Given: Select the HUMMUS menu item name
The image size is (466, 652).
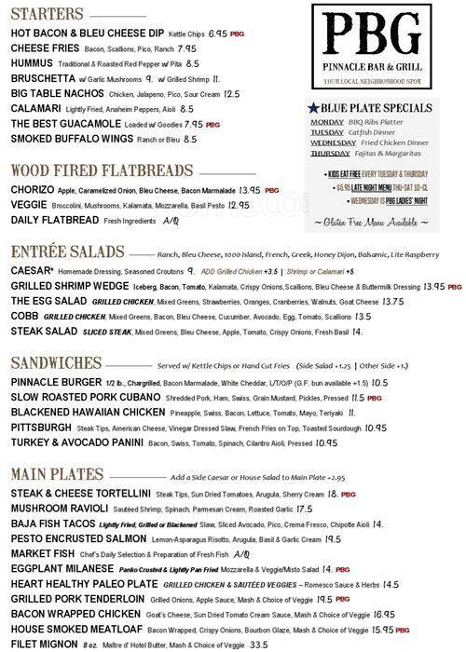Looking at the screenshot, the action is [34, 62].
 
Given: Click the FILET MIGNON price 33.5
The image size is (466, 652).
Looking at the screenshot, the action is [258, 644].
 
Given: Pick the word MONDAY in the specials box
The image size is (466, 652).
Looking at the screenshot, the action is [327, 122].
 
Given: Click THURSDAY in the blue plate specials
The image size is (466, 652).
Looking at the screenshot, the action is [331, 153].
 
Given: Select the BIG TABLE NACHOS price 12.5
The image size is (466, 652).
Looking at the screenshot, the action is [232, 93].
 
